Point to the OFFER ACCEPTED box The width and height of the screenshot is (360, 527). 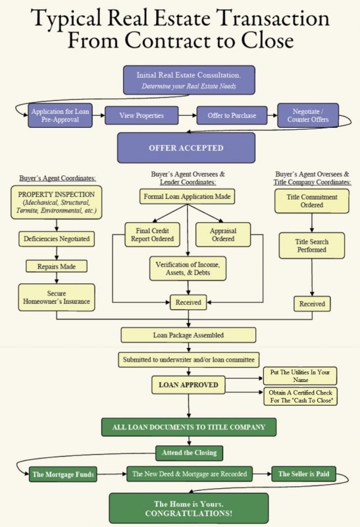pos(185,148)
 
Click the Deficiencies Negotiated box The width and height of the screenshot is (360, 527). pos(56,238)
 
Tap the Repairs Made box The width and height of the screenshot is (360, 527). pos(56,266)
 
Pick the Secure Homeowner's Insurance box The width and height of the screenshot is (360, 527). pos(57,298)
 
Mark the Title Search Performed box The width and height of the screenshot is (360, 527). pos(311,246)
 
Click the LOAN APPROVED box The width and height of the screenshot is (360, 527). pos(189,384)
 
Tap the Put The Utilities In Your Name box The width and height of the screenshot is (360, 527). pos(300,376)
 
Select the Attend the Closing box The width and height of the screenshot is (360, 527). pos(189,453)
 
